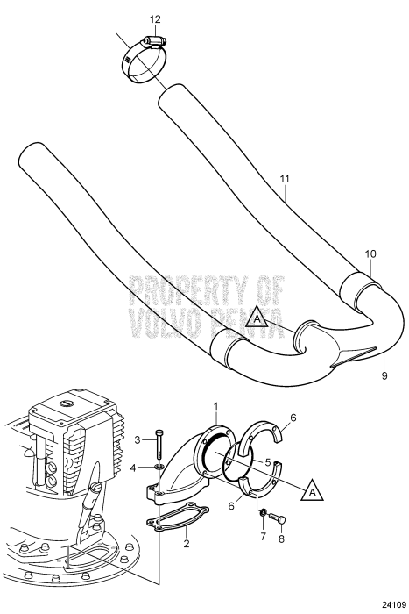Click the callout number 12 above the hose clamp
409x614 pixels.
155,19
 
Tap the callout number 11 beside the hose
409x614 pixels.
285,179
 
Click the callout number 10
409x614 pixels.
370,253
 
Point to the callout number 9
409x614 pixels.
384,376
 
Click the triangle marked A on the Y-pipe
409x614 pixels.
257,318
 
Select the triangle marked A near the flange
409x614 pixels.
313,489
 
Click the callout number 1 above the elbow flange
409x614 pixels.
215,406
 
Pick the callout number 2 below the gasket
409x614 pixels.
187,543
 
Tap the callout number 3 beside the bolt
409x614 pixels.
138,439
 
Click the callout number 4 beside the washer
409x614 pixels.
133,468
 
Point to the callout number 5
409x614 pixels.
268,462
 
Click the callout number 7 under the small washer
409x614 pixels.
263,536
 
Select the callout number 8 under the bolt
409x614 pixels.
281,539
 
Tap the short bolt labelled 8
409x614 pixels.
278,518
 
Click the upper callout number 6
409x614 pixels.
293,418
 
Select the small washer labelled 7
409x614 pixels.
264,512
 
